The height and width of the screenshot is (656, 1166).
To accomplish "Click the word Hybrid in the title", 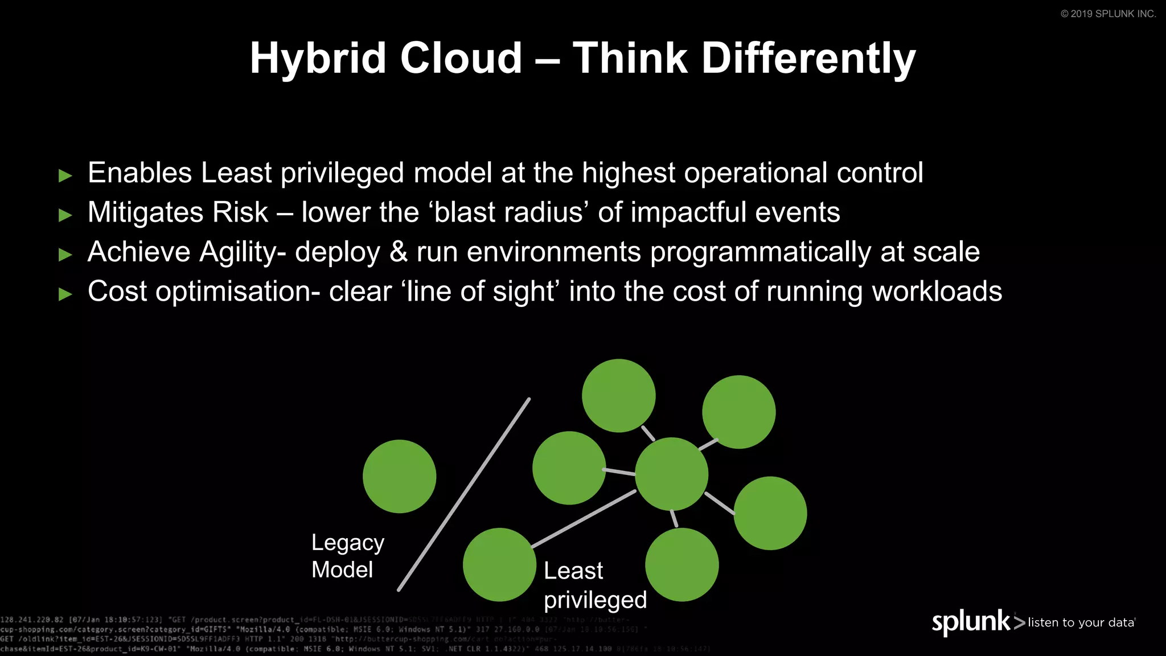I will (319, 59).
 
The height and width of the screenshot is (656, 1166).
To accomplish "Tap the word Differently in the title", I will (808, 59).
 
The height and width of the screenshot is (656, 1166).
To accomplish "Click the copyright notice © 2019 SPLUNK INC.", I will (1108, 14).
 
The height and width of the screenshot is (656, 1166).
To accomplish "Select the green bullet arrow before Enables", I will (65, 175).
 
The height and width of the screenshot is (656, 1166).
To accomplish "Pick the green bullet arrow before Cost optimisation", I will (65, 294).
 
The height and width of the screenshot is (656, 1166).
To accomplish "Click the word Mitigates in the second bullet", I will (145, 212).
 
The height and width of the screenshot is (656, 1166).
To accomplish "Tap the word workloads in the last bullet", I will (937, 292).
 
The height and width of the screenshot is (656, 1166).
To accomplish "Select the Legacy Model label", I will (347, 556).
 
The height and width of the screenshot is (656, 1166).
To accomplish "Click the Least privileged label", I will (595, 585).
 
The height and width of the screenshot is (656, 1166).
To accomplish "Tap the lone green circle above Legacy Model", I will (399, 477).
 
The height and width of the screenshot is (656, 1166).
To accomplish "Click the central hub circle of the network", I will (671, 474).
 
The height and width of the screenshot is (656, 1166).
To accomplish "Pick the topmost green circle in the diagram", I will (618, 395).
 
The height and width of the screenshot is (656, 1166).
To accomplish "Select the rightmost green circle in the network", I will (770, 513).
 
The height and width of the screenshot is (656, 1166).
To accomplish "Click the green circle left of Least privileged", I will (499, 564).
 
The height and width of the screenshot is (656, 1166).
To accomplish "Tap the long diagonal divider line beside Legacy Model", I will (464, 495).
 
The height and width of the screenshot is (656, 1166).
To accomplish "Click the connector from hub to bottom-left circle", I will (584, 519).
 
